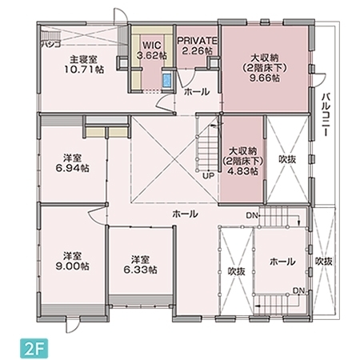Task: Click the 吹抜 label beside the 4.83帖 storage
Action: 286,159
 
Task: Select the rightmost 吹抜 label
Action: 323,261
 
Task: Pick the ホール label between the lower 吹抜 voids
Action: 282,262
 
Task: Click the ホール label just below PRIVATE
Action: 197,92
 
